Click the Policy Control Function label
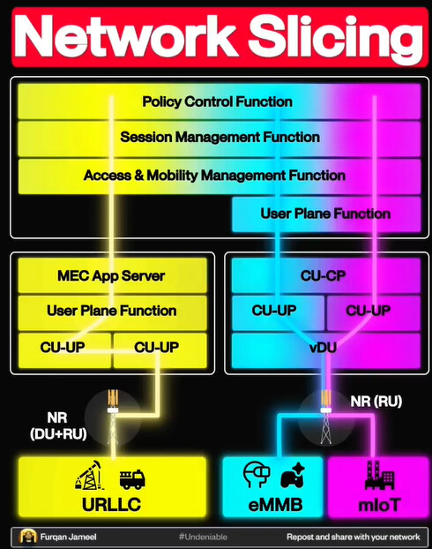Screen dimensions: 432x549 coord(217,102)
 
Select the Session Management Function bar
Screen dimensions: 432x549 coord(220,139)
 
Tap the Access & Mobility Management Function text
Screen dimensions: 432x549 coord(214,175)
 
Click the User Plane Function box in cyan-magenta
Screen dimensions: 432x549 coord(326,214)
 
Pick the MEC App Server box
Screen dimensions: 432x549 coord(112,275)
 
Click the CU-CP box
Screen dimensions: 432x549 coord(326,275)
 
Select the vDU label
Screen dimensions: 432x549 coord(324,348)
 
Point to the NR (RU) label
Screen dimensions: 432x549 coord(376,402)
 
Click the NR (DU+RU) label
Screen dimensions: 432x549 coord(58,425)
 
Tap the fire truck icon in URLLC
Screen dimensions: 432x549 coord(132,479)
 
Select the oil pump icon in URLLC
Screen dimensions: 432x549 coord(89,475)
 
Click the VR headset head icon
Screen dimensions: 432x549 coord(257,475)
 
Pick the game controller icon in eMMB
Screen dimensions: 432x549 coord(293,475)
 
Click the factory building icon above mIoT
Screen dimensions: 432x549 coord(379,475)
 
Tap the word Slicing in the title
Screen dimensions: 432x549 coord(335,37)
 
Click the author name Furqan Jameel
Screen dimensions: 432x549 coord(68,537)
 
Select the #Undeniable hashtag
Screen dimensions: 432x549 coord(203,537)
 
